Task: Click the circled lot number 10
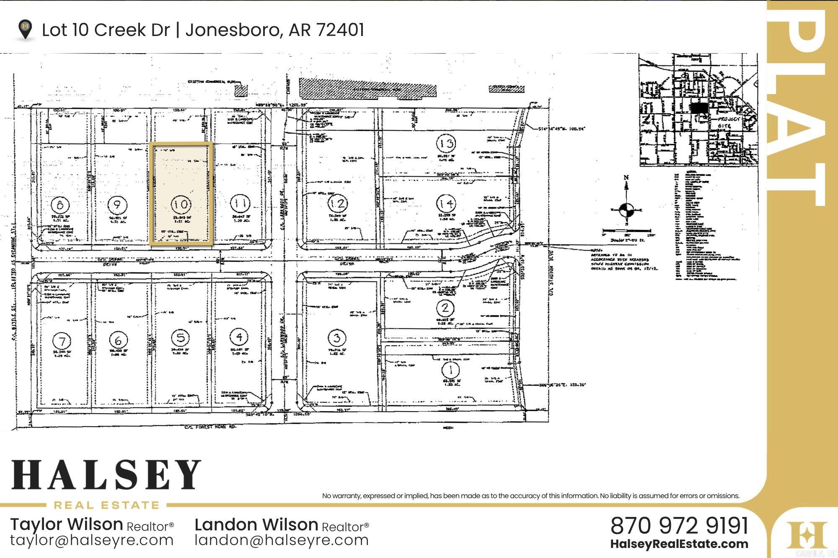181,204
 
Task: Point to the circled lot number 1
451,370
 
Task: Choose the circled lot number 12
337,204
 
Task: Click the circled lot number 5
181,337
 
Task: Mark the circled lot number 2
445,308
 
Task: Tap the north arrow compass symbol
626,208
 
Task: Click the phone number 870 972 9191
679,525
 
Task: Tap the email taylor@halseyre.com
92,540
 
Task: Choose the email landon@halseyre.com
282,540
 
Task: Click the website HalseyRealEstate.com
679,544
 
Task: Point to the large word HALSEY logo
106,475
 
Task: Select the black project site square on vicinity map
699,108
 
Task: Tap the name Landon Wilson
256,524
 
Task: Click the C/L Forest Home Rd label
211,427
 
